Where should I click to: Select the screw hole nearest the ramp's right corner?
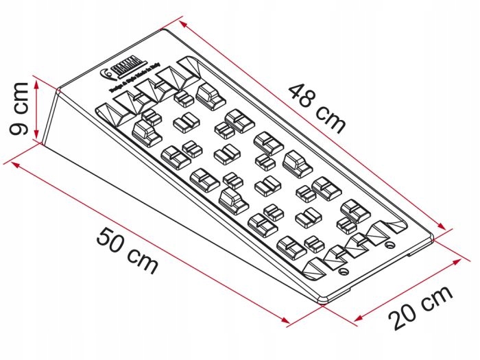pos(390,243)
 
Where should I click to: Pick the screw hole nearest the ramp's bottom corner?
pos(343,272)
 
